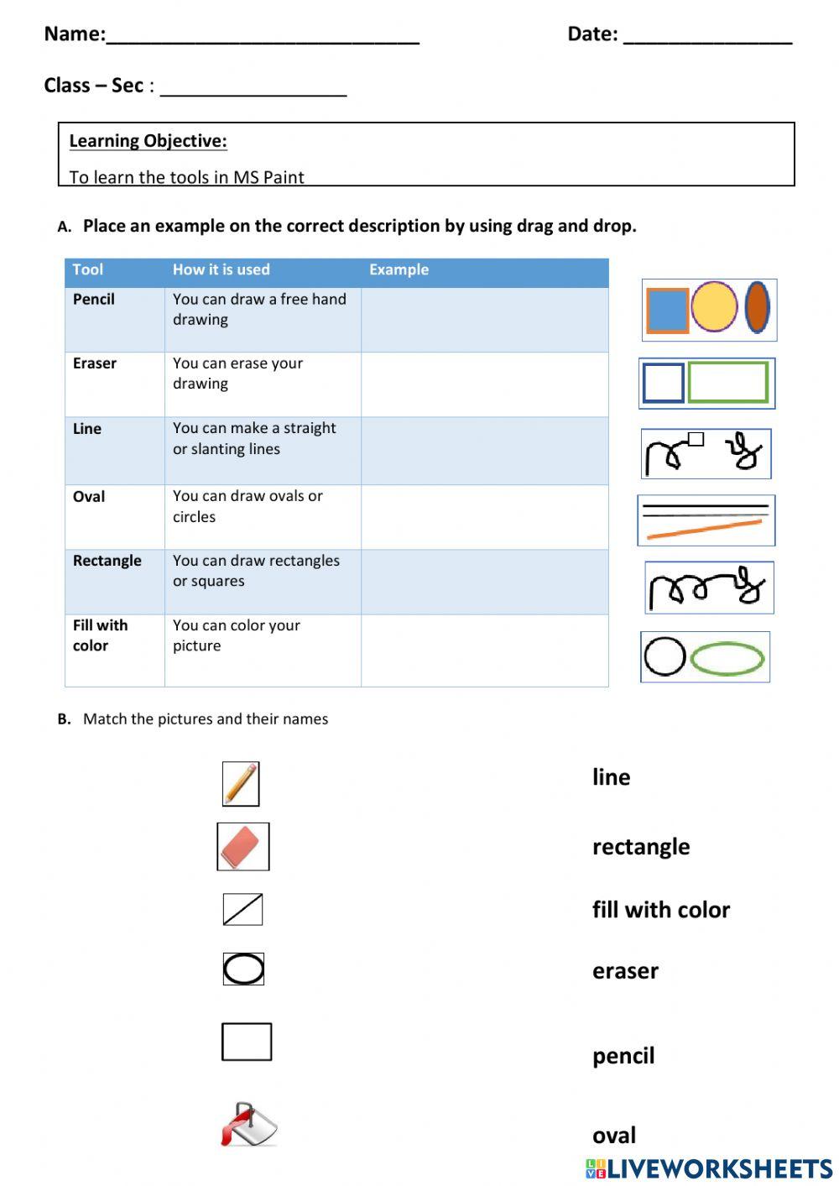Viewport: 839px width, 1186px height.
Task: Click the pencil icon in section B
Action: click(241, 784)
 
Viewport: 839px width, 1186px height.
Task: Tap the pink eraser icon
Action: click(243, 847)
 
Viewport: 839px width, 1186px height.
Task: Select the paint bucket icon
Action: click(248, 1125)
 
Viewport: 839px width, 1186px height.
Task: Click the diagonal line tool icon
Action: click(242, 909)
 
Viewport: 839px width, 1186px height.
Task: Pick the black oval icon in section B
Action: click(243, 969)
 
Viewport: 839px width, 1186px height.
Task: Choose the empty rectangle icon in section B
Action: click(247, 1042)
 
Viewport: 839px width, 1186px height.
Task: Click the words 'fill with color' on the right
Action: click(660, 910)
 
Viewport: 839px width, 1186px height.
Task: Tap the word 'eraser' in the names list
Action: click(625, 971)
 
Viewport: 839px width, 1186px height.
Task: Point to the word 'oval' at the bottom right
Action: click(614, 1136)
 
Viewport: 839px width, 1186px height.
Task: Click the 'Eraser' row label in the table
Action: click(95, 363)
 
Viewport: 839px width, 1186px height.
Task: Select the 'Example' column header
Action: click(399, 269)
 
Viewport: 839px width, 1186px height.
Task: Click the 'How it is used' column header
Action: click(221, 269)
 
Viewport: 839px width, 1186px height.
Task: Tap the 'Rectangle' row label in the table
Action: click(107, 561)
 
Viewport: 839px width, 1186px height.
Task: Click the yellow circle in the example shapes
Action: click(714, 306)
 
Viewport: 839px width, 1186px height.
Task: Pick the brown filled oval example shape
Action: click(758, 307)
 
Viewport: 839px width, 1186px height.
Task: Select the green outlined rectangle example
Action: click(727, 383)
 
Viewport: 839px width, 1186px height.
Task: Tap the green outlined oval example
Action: click(727, 659)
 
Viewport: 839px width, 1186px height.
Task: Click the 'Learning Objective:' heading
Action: click(148, 141)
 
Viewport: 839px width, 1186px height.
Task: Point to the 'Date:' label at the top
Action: click(592, 34)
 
